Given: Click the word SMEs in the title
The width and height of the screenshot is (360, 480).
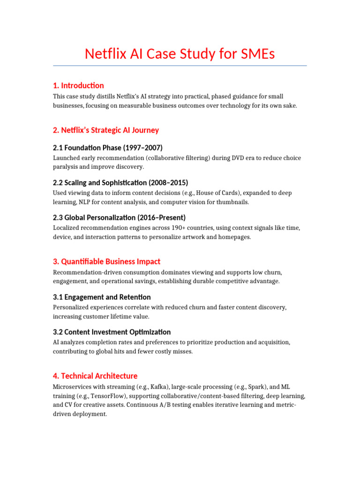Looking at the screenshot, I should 256,54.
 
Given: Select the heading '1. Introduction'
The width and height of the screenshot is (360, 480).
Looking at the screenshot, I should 78,85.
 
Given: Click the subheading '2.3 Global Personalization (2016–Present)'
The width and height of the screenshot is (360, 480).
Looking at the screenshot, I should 119,217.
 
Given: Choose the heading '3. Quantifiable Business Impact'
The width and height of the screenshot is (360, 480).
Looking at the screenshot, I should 106,262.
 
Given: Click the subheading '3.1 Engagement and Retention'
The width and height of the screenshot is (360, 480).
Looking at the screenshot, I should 102,297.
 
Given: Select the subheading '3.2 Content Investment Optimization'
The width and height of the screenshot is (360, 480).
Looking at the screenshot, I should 112,332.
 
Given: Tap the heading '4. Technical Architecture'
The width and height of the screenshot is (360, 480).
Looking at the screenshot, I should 95,376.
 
